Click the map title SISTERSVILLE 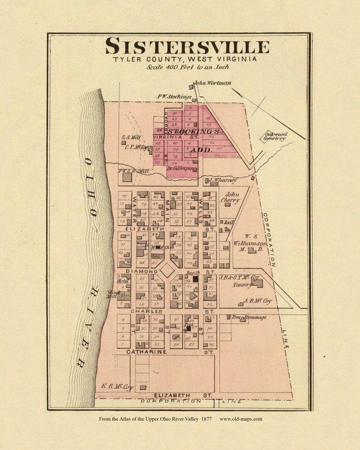[x=187, y=46]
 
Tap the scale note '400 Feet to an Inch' [x=188, y=67]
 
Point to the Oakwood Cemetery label [x=274, y=136]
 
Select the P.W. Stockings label [x=174, y=97]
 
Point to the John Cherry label [x=232, y=198]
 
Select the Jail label [x=228, y=222]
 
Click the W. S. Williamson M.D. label [x=250, y=243]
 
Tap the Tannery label [x=242, y=285]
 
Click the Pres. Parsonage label [x=249, y=317]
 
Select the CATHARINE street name [x=147, y=352]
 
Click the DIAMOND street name [x=141, y=271]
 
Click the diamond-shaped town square [x=167, y=270]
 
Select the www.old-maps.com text [x=241, y=419]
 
